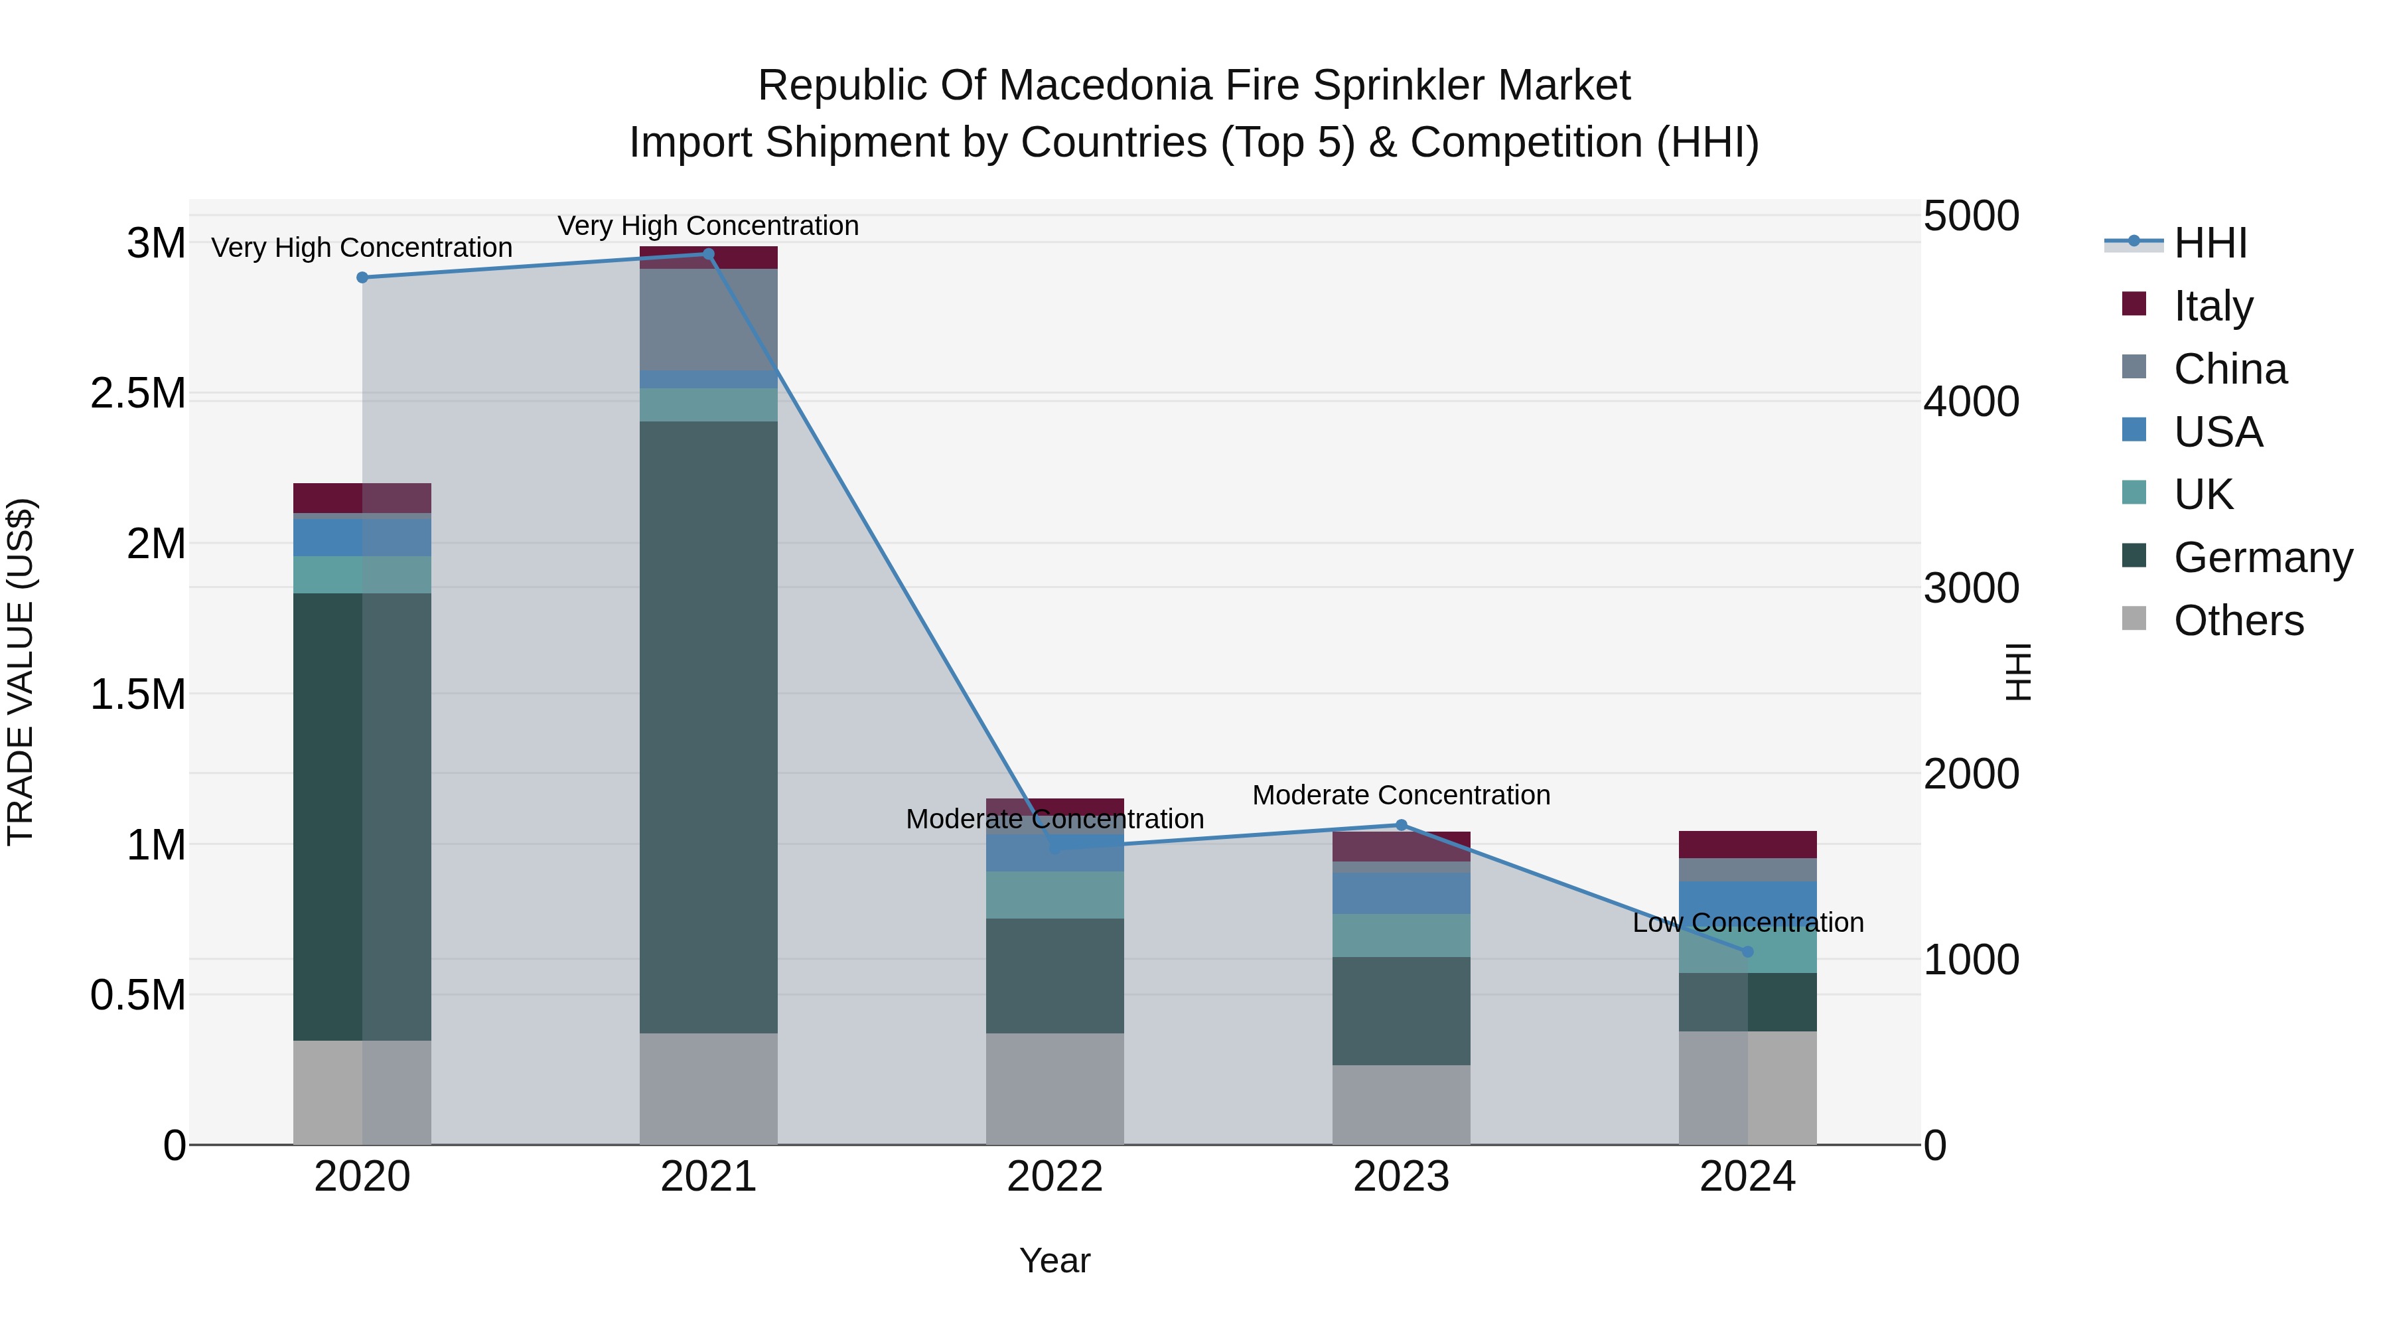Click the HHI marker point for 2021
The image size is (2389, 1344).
pyautogui.click(x=709, y=254)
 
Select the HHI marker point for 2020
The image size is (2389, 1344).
pyautogui.click(x=362, y=277)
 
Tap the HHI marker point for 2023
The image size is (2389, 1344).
pyautogui.click(x=1402, y=824)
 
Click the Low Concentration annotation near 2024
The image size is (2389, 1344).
pyautogui.click(x=1747, y=923)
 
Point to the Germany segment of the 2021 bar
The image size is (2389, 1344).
pyautogui.click(x=709, y=728)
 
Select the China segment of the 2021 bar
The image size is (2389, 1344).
pyautogui.click(x=709, y=319)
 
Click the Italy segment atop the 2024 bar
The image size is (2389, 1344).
pyautogui.click(x=1747, y=844)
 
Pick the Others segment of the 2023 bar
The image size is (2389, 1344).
pyautogui.click(x=1402, y=1104)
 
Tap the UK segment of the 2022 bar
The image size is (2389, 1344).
pyautogui.click(x=1054, y=895)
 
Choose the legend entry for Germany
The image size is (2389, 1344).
pyautogui.click(x=2263, y=558)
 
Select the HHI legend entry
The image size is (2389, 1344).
pyautogui.click(x=2210, y=243)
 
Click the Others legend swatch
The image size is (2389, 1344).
pyautogui.click(x=2134, y=619)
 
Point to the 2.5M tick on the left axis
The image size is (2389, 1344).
pyautogui.click(x=137, y=394)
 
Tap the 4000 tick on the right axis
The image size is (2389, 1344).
pyautogui.click(x=1971, y=402)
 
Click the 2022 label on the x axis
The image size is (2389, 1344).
pyautogui.click(x=1054, y=1177)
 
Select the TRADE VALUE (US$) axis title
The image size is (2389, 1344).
pyautogui.click(x=21, y=672)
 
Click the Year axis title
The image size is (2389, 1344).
pyautogui.click(x=1054, y=1260)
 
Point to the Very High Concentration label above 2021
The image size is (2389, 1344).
pyautogui.click(x=709, y=226)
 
